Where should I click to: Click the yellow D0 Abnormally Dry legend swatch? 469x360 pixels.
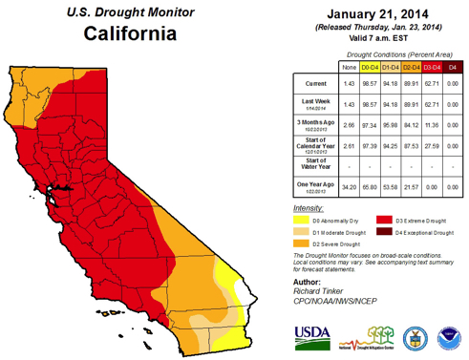point(299,218)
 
